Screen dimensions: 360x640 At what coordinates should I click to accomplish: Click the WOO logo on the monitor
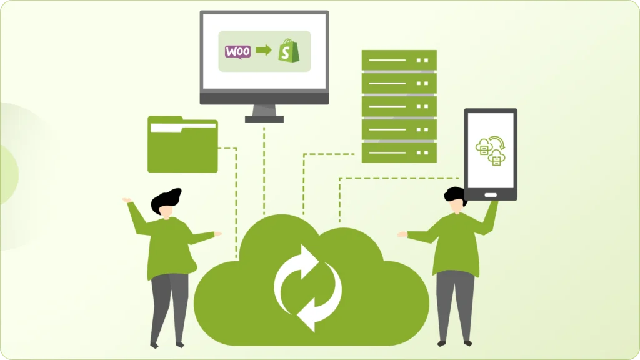pyautogui.click(x=237, y=52)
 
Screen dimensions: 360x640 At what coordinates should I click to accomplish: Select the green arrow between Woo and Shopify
pyautogui.click(x=264, y=51)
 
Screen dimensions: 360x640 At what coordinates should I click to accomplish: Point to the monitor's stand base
pyautogui.click(x=264, y=118)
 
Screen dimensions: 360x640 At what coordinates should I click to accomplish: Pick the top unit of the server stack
pyautogui.click(x=399, y=60)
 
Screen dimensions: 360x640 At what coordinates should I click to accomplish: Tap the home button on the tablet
pyautogui.click(x=491, y=194)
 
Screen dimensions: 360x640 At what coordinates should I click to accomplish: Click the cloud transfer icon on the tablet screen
pyautogui.click(x=491, y=151)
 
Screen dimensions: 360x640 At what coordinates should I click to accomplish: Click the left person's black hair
pyautogui.click(x=166, y=199)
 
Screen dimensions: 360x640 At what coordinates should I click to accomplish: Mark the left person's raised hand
pyautogui.click(x=127, y=201)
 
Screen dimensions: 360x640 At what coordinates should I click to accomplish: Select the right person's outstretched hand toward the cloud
pyautogui.click(x=402, y=235)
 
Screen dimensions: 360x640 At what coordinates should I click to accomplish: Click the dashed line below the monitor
pyautogui.click(x=264, y=169)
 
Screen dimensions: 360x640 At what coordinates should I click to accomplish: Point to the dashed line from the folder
pyautogui.click(x=236, y=200)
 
